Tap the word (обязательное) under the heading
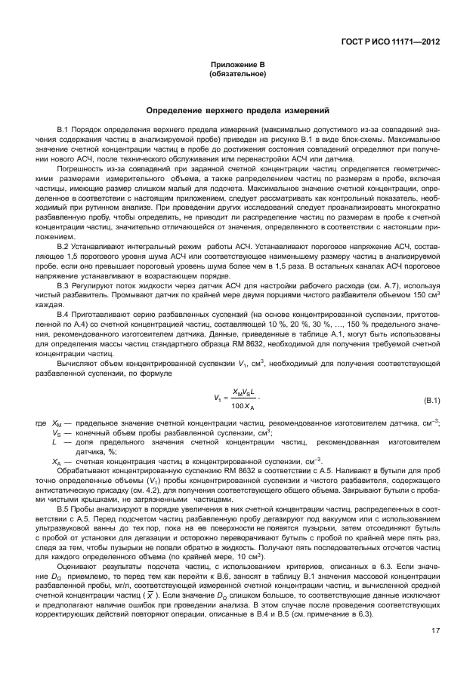(x=238, y=75)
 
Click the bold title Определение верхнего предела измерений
(x=238, y=111)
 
